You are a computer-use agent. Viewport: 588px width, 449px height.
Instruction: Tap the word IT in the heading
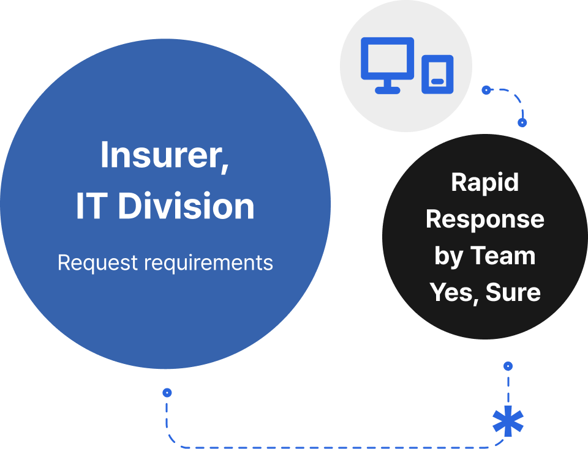click(x=90, y=206)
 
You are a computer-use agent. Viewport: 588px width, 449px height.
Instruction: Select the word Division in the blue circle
click(x=186, y=206)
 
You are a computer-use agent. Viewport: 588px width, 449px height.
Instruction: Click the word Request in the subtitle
click(x=97, y=262)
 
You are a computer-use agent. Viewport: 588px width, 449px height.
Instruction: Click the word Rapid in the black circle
click(x=484, y=182)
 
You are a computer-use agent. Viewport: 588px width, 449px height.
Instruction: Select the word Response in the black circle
click(x=484, y=219)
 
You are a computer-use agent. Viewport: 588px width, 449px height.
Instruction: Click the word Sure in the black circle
click(x=513, y=292)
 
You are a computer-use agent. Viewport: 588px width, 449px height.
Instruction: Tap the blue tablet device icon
click(x=437, y=75)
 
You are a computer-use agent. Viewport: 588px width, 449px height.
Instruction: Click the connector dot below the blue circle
click(x=167, y=393)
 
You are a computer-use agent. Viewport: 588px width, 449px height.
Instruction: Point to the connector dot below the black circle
click(x=508, y=366)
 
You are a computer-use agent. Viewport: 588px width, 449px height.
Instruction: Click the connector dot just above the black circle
click(x=522, y=122)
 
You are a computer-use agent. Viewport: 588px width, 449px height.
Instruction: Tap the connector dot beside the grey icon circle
click(x=486, y=90)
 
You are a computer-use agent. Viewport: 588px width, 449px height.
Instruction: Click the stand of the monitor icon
click(x=387, y=87)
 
